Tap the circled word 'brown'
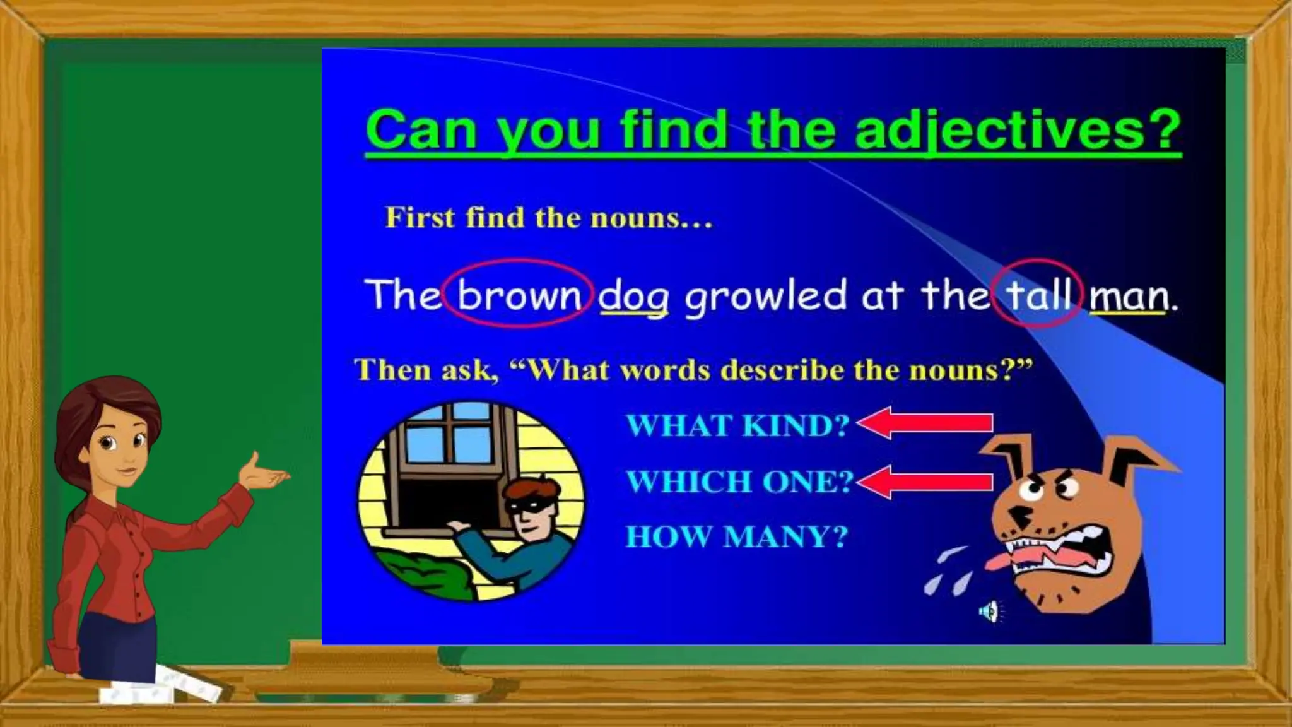[519, 295]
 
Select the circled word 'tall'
[1038, 295]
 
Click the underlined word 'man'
[1129, 297]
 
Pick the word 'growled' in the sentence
[765, 296]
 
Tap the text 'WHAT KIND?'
[737, 426]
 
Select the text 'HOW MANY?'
[736, 538]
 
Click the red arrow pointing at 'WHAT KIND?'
[925, 423]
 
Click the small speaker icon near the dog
[989, 611]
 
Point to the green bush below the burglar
[429, 571]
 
